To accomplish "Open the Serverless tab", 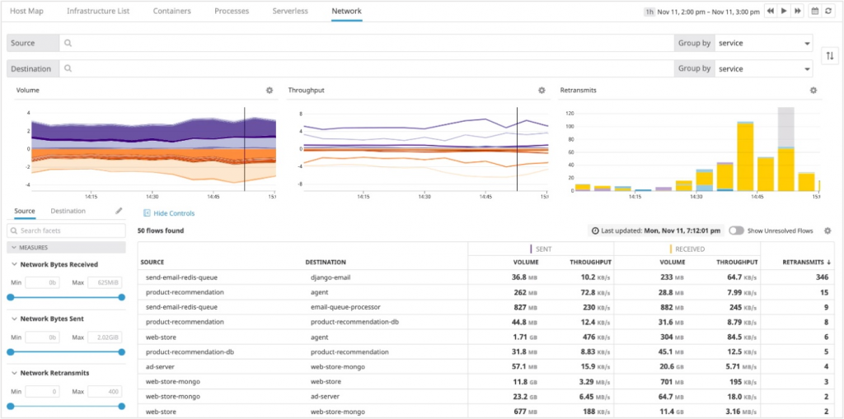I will click(x=290, y=12).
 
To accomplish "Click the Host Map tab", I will click(x=26, y=12).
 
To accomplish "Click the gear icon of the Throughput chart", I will click(x=542, y=91).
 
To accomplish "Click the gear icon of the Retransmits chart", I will click(x=814, y=91).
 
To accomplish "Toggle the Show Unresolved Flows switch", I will click(x=736, y=230).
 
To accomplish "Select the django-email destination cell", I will click(x=331, y=277).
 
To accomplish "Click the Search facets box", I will click(x=70, y=230).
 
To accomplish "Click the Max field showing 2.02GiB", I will click(x=100, y=338).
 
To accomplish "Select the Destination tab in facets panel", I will click(x=68, y=212).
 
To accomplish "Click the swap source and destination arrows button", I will click(x=830, y=55).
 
